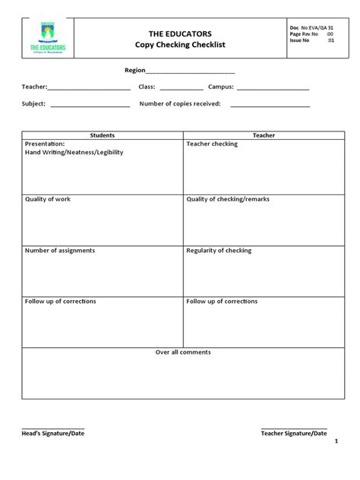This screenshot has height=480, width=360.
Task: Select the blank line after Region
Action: [190, 71]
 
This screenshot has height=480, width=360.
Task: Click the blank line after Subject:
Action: [89, 106]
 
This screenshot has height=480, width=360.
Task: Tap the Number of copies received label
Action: [180, 104]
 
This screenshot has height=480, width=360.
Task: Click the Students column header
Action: [103, 135]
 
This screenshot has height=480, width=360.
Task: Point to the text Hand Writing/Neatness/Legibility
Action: [74, 152]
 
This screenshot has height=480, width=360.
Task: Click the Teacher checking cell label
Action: [212, 144]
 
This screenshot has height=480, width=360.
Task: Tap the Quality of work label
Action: [48, 199]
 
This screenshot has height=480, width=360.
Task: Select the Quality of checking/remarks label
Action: [228, 199]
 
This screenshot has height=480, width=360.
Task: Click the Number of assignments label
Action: [60, 250]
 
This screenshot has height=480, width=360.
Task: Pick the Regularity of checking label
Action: [219, 250]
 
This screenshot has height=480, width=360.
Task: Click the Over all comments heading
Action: [183, 352]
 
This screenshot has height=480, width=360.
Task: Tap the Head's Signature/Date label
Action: [53, 433]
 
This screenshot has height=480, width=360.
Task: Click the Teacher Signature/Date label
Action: [293, 433]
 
